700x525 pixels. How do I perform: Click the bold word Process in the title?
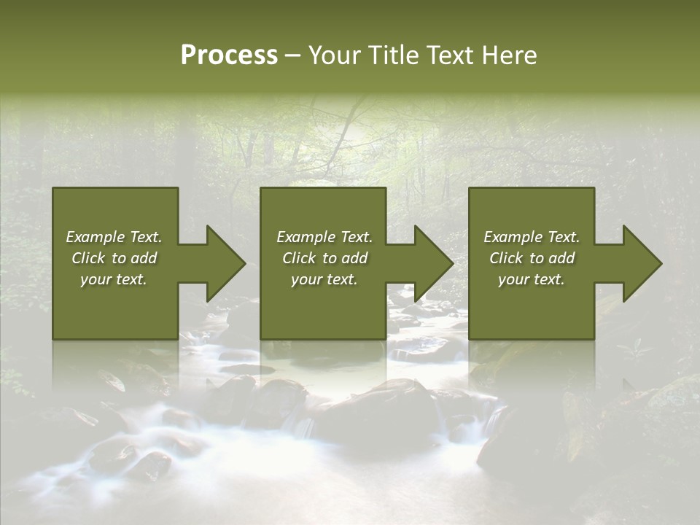tap(229, 55)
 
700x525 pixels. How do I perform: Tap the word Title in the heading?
tap(392, 55)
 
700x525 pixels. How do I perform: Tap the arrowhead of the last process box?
tap(642, 263)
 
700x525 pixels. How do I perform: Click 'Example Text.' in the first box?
tap(114, 237)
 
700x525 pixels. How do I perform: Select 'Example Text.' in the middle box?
tap(324, 237)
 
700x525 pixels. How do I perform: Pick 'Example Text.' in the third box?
tap(532, 237)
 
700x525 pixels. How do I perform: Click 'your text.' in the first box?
tap(114, 279)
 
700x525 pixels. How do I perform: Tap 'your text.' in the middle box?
tap(324, 279)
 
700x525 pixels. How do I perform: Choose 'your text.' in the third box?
tap(532, 279)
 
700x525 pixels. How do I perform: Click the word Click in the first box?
tap(88, 258)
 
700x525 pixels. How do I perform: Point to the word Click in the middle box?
tap(299, 258)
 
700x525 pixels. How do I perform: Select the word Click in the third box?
tap(506, 258)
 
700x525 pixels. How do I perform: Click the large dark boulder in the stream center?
tap(372, 408)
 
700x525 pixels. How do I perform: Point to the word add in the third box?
tap(561, 258)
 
